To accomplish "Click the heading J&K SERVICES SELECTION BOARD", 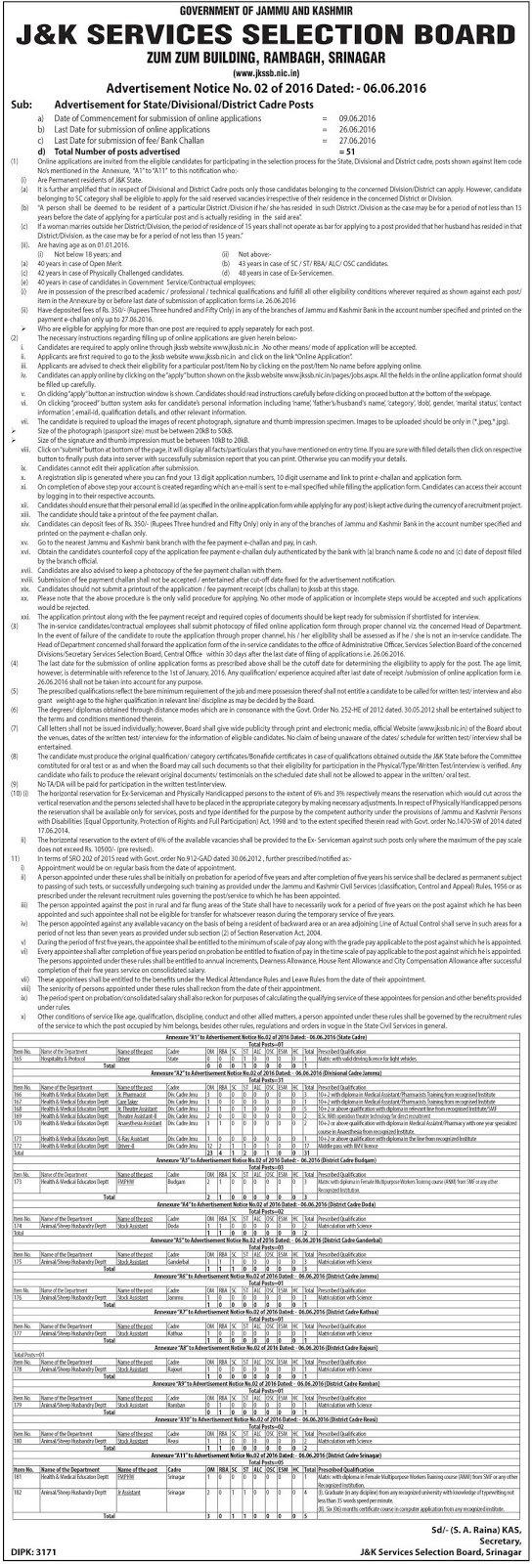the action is (266, 29).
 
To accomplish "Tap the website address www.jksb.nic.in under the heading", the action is (266, 70).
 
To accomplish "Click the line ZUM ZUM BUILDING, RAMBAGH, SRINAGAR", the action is (266, 55).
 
